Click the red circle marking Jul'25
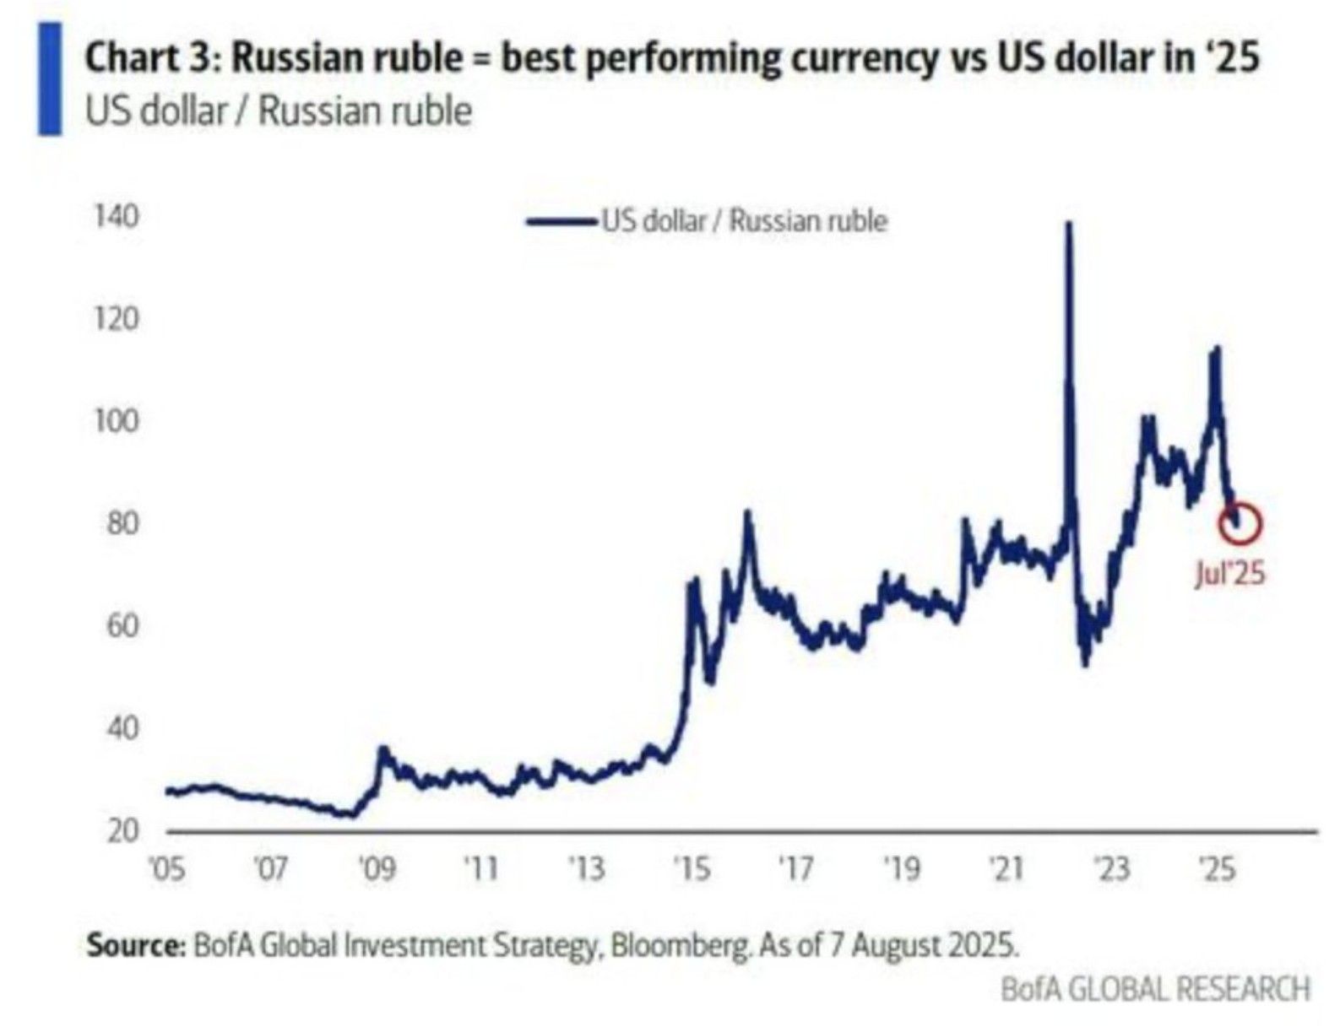click(1240, 523)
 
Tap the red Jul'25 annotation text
click(1230, 574)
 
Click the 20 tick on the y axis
click(123, 831)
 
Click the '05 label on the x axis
click(167, 868)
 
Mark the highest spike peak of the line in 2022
click(1069, 224)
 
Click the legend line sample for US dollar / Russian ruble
click(561, 222)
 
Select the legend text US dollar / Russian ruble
click(744, 221)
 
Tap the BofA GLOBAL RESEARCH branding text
click(1155, 988)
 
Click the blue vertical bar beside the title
click(50, 78)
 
